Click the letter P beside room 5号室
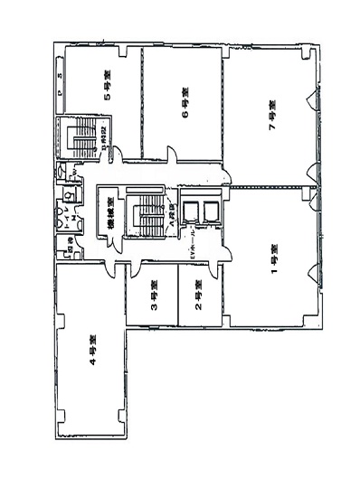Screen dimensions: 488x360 click(x=60, y=92)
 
